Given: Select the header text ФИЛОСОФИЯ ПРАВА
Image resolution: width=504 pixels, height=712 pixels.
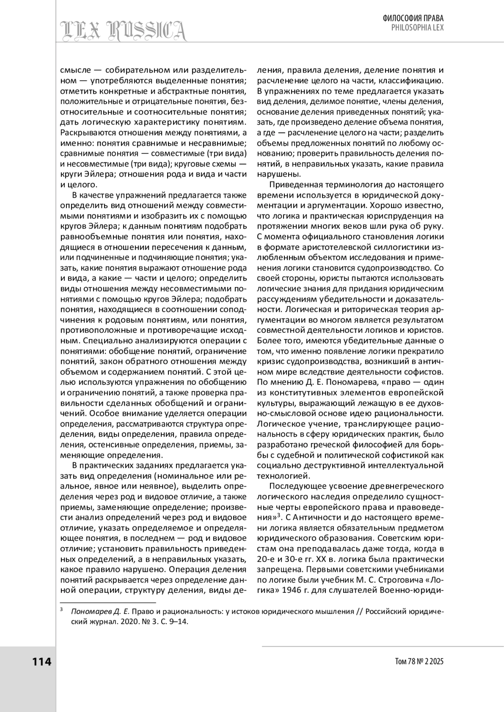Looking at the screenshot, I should coord(413,18).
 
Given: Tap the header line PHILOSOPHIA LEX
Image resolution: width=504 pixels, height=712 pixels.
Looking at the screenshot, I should coord(417,27).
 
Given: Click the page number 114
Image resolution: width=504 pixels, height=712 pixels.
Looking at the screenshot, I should coord(42,662).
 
